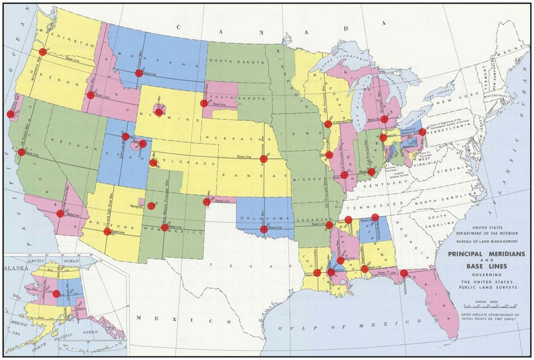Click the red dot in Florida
404,273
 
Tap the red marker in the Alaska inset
56,294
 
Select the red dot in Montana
139,73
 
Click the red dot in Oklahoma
263,229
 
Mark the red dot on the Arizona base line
108,231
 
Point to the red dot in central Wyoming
159,112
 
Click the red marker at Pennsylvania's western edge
422,132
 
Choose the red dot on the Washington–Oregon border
43,52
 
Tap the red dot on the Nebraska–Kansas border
263,159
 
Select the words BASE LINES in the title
484,267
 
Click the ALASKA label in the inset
17,268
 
